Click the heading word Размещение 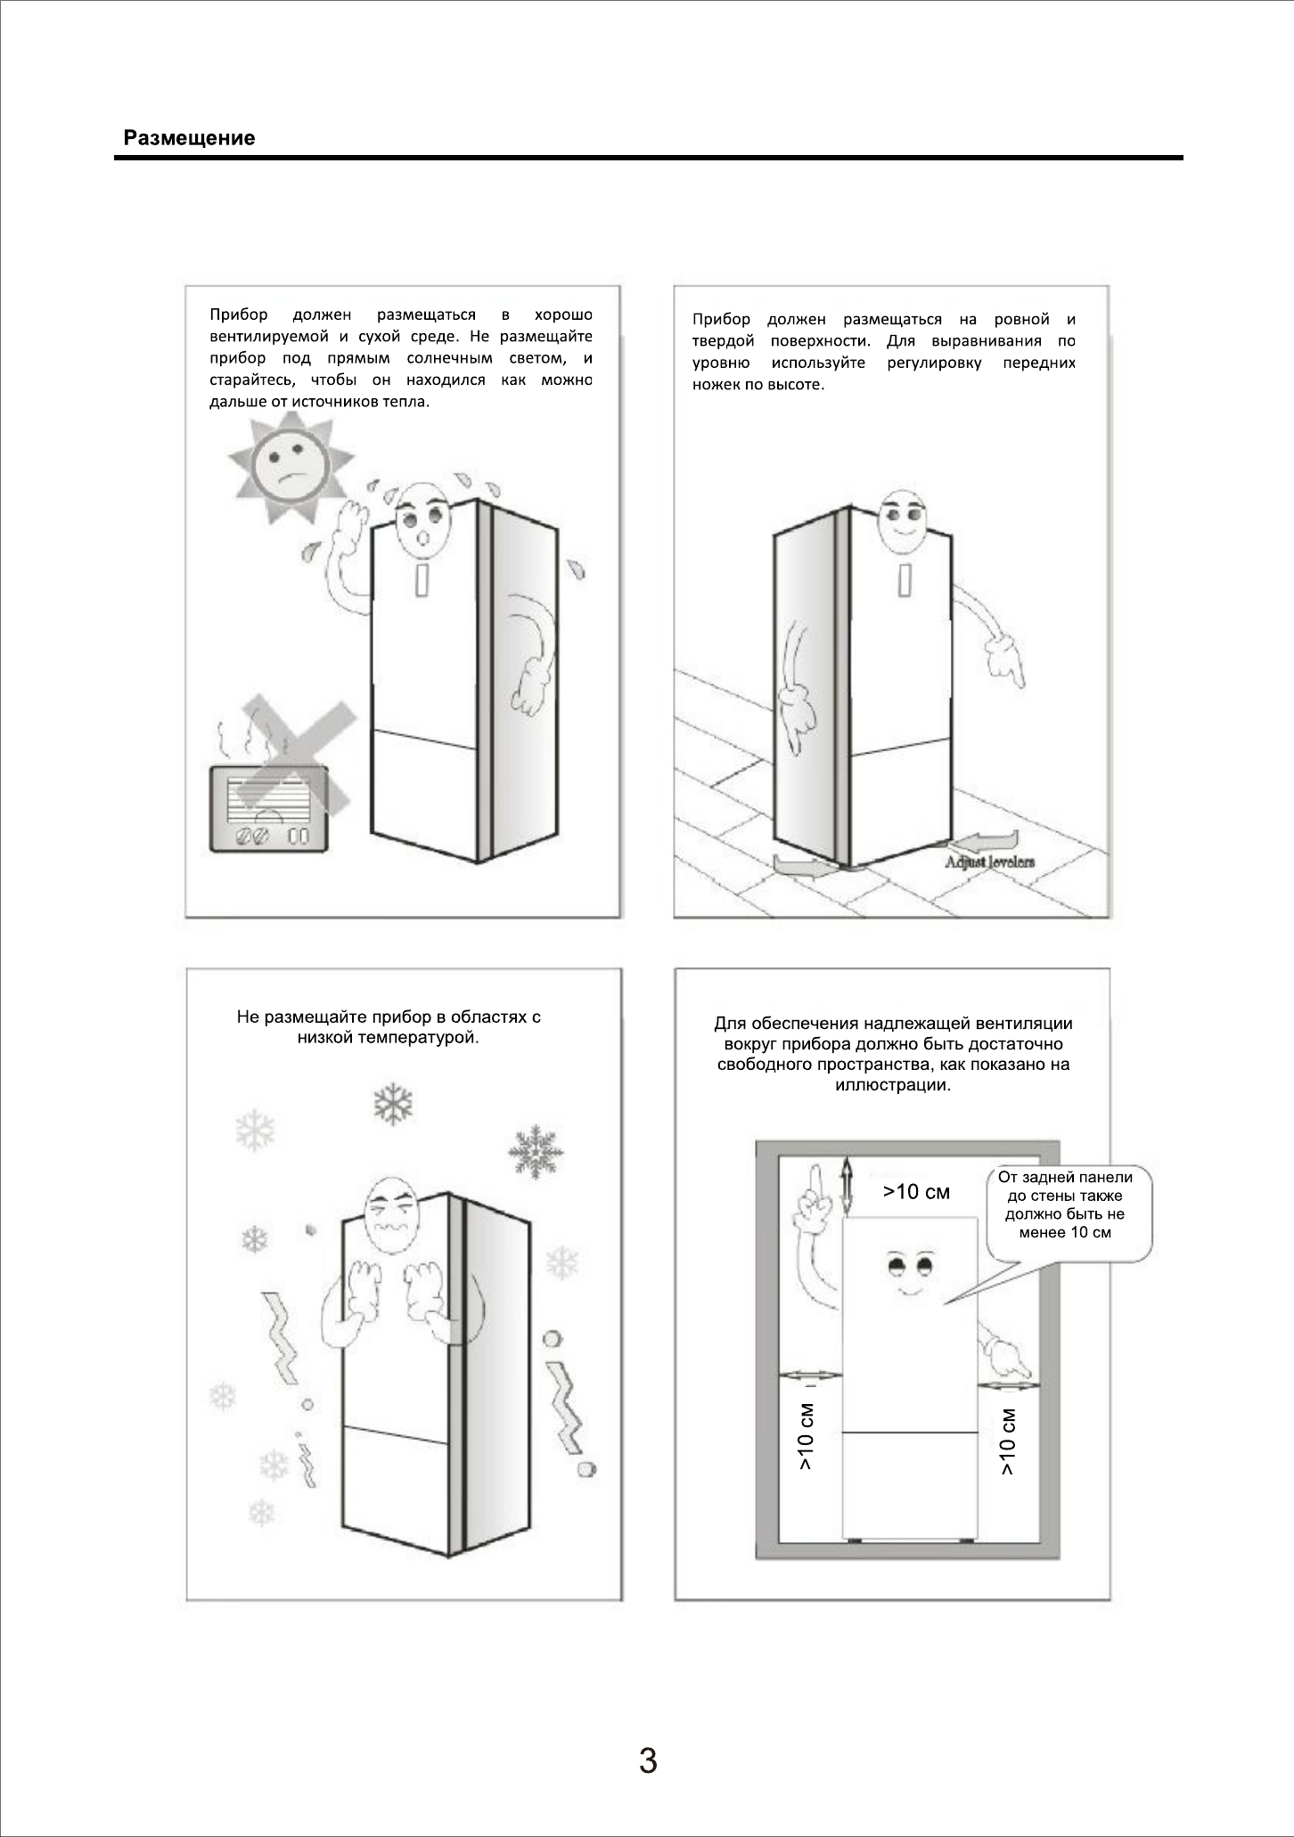pos(189,138)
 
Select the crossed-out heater pos(268,807)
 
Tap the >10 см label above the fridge pos(916,1192)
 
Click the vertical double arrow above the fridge pos(847,1188)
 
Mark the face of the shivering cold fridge pos(391,1216)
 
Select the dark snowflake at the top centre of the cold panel pos(393,1105)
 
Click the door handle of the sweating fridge pos(422,580)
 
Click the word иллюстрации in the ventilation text pos(893,1086)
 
